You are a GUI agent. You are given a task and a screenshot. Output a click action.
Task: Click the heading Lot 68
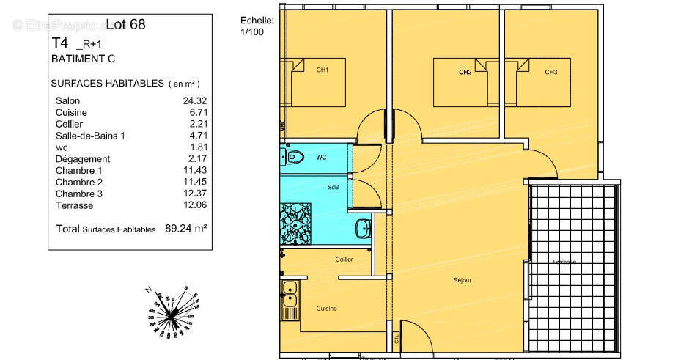tap(125, 24)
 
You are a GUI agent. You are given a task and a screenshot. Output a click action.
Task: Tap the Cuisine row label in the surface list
tap(71, 112)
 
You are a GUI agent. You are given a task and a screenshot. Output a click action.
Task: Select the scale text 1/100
tap(251, 32)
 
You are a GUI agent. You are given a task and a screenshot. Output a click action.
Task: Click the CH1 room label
tap(322, 70)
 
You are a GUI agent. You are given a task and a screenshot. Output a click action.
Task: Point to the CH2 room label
tap(464, 72)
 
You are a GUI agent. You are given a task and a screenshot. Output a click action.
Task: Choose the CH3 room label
tap(550, 72)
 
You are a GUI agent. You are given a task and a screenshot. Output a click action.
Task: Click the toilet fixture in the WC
tap(295, 157)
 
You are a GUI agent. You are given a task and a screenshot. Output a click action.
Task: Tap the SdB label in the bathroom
tap(333, 188)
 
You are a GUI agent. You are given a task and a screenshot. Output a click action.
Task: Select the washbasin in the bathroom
tap(362, 229)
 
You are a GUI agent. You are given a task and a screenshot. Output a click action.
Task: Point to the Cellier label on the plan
tap(344, 260)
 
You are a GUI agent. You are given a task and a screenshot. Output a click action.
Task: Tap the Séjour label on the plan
tap(462, 280)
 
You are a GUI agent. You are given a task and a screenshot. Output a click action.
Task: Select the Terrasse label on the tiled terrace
tap(564, 262)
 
